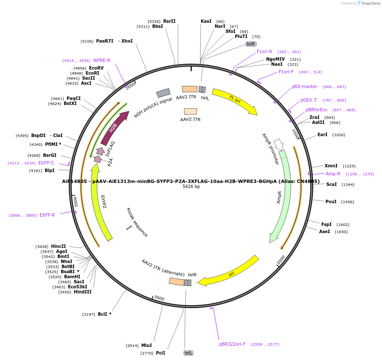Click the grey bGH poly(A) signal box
click(163, 93)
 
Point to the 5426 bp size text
click(191, 187)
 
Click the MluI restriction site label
click(146, 345)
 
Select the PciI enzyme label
click(161, 353)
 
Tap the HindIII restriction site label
click(83, 292)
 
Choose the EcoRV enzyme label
click(96, 68)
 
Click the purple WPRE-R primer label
click(102, 60)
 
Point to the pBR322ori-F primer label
click(232, 344)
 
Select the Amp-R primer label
click(333, 174)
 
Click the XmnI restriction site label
click(331, 166)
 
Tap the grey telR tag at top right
click(251, 44)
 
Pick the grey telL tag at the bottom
click(188, 353)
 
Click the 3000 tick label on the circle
click(159, 298)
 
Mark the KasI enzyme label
click(206, 21)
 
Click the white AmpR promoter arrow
click(278, 144)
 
